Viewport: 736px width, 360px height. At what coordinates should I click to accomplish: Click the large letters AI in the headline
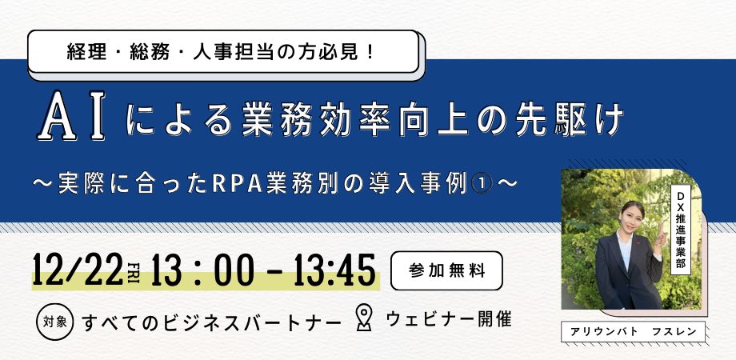click(x=71, y=115)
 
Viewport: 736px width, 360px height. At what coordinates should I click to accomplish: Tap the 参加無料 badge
click(x=446, y=270)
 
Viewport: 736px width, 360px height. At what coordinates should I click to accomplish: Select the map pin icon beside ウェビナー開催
click(x=364, y=318)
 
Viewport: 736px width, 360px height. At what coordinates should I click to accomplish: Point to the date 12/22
click(x=78, y=271)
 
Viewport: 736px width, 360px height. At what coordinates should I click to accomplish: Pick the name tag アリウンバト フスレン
click(x=634, y=331)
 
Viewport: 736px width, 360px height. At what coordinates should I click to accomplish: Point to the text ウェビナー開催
click(x=449, y=319)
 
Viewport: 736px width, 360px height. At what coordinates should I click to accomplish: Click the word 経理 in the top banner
click(x=83, y=52)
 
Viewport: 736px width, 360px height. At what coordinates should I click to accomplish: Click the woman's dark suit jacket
click(x=627, y=272)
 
